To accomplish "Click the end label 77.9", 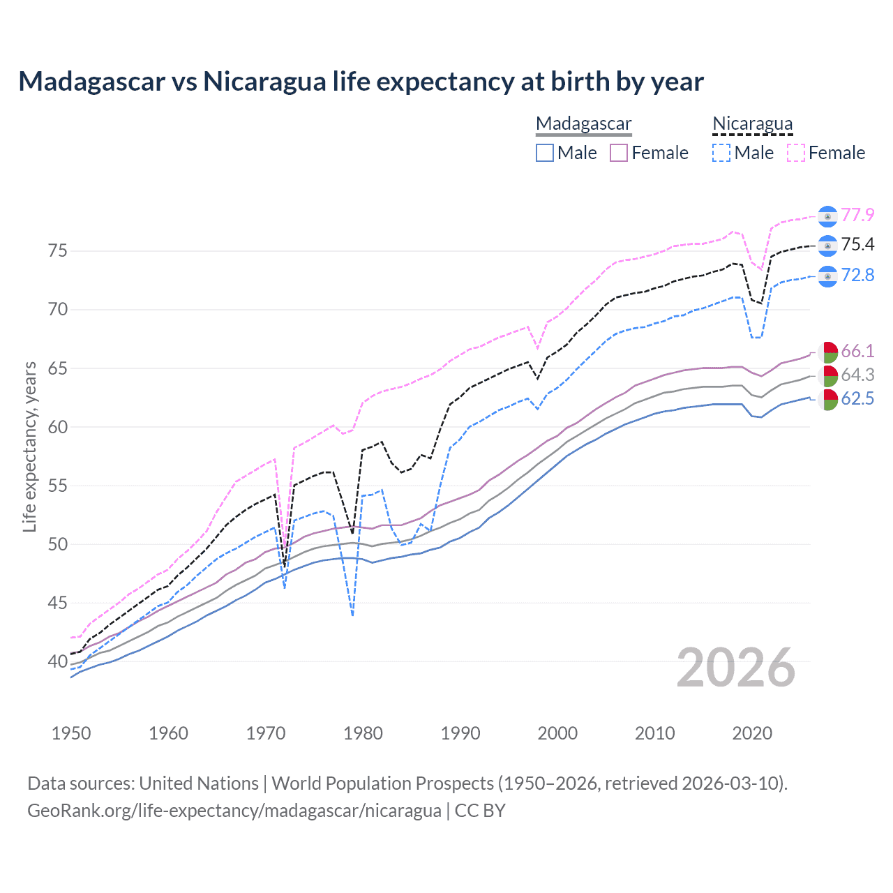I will pyautogui.click(x=857, y=215).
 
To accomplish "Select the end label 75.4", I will pyautogui.click(x=857, y=244).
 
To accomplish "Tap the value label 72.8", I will pyautogui.click(x=857, y=275).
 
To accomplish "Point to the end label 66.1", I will pyautogui.click(x=857, y=350).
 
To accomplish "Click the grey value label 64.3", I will pyautogui.click(x=857, y=375).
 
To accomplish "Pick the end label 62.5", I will pyautogui.click(x=857, y=398).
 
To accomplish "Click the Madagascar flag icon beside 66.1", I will pyautogui.click(x=827, y=352).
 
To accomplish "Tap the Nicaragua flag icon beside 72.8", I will pyautogui.click(x=827, y=276).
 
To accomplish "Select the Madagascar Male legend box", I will pyautogui.click(x=545, y=153).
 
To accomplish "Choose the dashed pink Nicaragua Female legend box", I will pyautogui.click(x=796, y=153).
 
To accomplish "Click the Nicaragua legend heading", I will pyautogui.click(x=752, y=123).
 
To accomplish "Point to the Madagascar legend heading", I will pyautogui.click(x=583, y=123).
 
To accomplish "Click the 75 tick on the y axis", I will pyautogui.click(x=58, y=250).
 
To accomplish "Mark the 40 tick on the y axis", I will pyautogui.click(x=58, y=661).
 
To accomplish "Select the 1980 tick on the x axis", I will pyautogui.click(x=363, y=733).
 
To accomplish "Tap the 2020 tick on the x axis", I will pyautogui.click(x=752, y=733).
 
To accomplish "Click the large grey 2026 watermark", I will pyautogui.click(x=736, y=668).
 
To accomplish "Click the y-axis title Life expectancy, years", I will pyautogui.click(x=29, y=446).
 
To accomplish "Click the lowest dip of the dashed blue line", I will pyautogui.click(x=353, y=615).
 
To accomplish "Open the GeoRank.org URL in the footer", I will pyautogui.click(x=234, y=811).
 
